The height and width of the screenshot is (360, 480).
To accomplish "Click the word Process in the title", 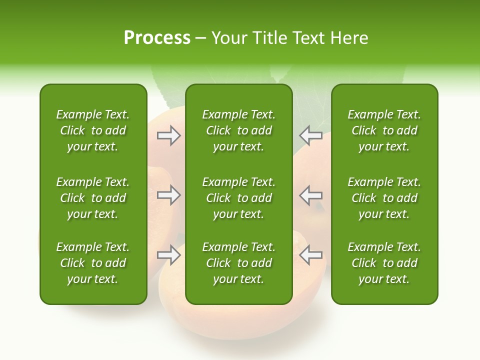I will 157,38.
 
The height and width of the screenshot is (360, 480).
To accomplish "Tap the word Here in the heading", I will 349,38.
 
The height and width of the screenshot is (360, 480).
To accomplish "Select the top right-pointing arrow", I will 168,135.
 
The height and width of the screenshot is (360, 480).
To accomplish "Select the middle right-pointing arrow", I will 168,195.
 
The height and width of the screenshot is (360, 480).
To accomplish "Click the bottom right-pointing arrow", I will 168,255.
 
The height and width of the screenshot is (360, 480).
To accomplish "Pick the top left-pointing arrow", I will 311,135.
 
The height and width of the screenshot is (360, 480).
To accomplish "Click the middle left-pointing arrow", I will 311,195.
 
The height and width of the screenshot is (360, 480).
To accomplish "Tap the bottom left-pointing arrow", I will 311,255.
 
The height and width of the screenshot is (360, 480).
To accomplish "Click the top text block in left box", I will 93,130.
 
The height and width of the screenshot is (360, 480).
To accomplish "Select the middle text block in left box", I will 93,198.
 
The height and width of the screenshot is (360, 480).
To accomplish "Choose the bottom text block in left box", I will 93,263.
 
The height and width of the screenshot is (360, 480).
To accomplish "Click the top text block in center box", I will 238,130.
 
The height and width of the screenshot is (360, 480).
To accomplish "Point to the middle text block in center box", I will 238,198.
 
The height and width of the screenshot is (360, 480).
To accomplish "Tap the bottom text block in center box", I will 238,263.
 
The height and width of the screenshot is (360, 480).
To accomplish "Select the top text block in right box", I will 384,130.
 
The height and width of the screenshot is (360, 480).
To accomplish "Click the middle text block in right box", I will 384,198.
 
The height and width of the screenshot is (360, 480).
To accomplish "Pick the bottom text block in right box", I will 384,263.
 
